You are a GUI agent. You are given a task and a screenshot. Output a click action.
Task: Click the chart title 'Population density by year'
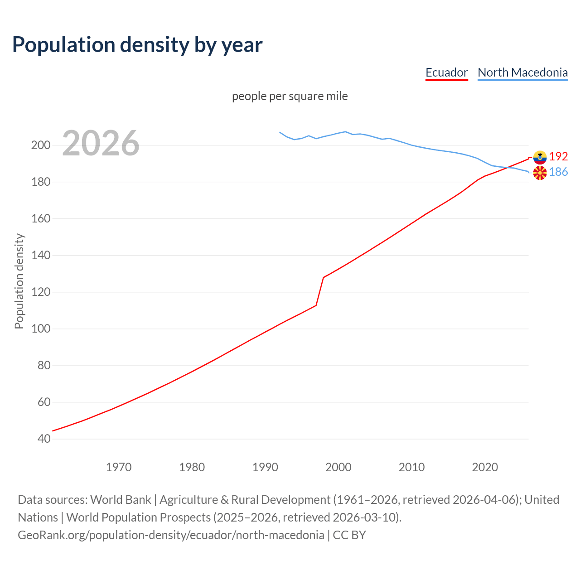137,44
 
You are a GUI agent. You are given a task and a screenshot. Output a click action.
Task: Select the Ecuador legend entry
446,72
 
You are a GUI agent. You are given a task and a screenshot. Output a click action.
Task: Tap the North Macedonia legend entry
522,72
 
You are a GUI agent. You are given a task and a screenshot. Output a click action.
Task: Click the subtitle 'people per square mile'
290,96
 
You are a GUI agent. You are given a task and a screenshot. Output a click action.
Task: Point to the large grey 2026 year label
101,143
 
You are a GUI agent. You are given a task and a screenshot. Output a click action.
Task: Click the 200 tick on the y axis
40,145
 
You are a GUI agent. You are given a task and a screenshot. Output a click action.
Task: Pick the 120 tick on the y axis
40,292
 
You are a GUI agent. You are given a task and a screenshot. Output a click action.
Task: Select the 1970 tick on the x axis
119,467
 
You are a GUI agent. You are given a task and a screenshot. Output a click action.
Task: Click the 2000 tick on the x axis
338,467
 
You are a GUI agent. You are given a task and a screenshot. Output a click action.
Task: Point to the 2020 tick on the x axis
485,467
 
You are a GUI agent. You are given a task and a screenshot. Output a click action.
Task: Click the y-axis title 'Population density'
19,281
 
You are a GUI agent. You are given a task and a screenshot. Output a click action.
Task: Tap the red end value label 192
558,156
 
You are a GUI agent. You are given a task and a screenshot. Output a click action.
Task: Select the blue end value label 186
558,172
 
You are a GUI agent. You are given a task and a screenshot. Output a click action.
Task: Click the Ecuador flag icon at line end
540,157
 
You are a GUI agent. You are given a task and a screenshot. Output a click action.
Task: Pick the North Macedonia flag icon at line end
540,173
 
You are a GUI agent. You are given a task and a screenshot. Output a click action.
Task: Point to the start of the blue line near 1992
280,132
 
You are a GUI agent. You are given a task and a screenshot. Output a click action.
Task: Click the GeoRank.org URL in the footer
171,535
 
